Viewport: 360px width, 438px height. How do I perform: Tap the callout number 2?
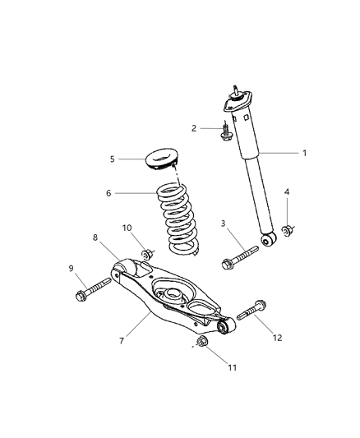[194, 127]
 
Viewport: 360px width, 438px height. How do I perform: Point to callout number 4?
[287, 193]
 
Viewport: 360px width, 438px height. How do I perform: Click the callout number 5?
[113, 159]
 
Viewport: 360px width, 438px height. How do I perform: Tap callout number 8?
[95, 239]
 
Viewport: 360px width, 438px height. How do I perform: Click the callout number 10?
[127, 228]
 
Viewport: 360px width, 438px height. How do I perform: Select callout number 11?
[233, 367]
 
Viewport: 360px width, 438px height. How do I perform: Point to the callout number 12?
[276, 337]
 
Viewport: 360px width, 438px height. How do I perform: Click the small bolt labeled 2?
[227, 131]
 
